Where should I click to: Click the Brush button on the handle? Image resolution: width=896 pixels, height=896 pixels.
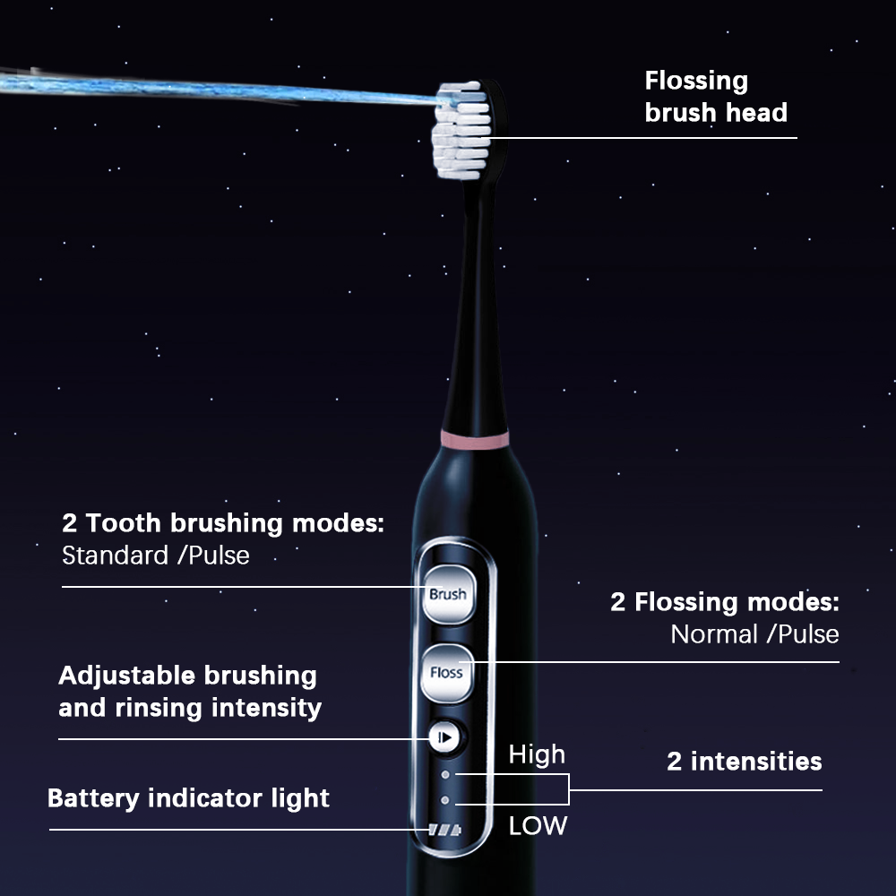click(x=449, y=594)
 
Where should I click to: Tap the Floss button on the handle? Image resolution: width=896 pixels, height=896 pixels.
click(x=447, y=673)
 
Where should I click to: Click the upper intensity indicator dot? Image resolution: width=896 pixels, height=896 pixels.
click(x=445, y=775)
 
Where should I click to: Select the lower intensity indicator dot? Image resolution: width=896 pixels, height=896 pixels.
click(x=445, y=800)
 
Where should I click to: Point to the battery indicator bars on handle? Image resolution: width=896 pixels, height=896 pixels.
click(x=444, y=830)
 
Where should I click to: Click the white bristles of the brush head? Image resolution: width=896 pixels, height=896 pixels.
click(x=461, y=130)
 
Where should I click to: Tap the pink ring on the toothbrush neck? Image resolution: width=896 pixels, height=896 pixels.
click(x=474, y=440)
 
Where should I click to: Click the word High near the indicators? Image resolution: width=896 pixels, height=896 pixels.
click(x=537, y=755)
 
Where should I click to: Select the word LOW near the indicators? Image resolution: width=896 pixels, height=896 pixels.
click(x=538, y=826)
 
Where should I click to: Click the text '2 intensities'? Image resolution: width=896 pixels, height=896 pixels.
click(x=744, y=761)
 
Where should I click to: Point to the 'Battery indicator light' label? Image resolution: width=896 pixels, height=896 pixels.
click(x=188, y=798)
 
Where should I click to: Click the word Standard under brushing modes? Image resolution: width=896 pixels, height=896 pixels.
click(x=115, y=556)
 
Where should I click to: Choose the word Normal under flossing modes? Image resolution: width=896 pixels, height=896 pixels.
click(x=714, y=634)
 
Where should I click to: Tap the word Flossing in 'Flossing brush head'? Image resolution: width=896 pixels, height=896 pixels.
click(x=696, y=82)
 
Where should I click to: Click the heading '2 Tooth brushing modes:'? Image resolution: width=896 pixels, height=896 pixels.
click(x=223, y=524)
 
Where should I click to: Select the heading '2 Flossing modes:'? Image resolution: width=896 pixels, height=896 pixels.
click(x=725, y=602)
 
